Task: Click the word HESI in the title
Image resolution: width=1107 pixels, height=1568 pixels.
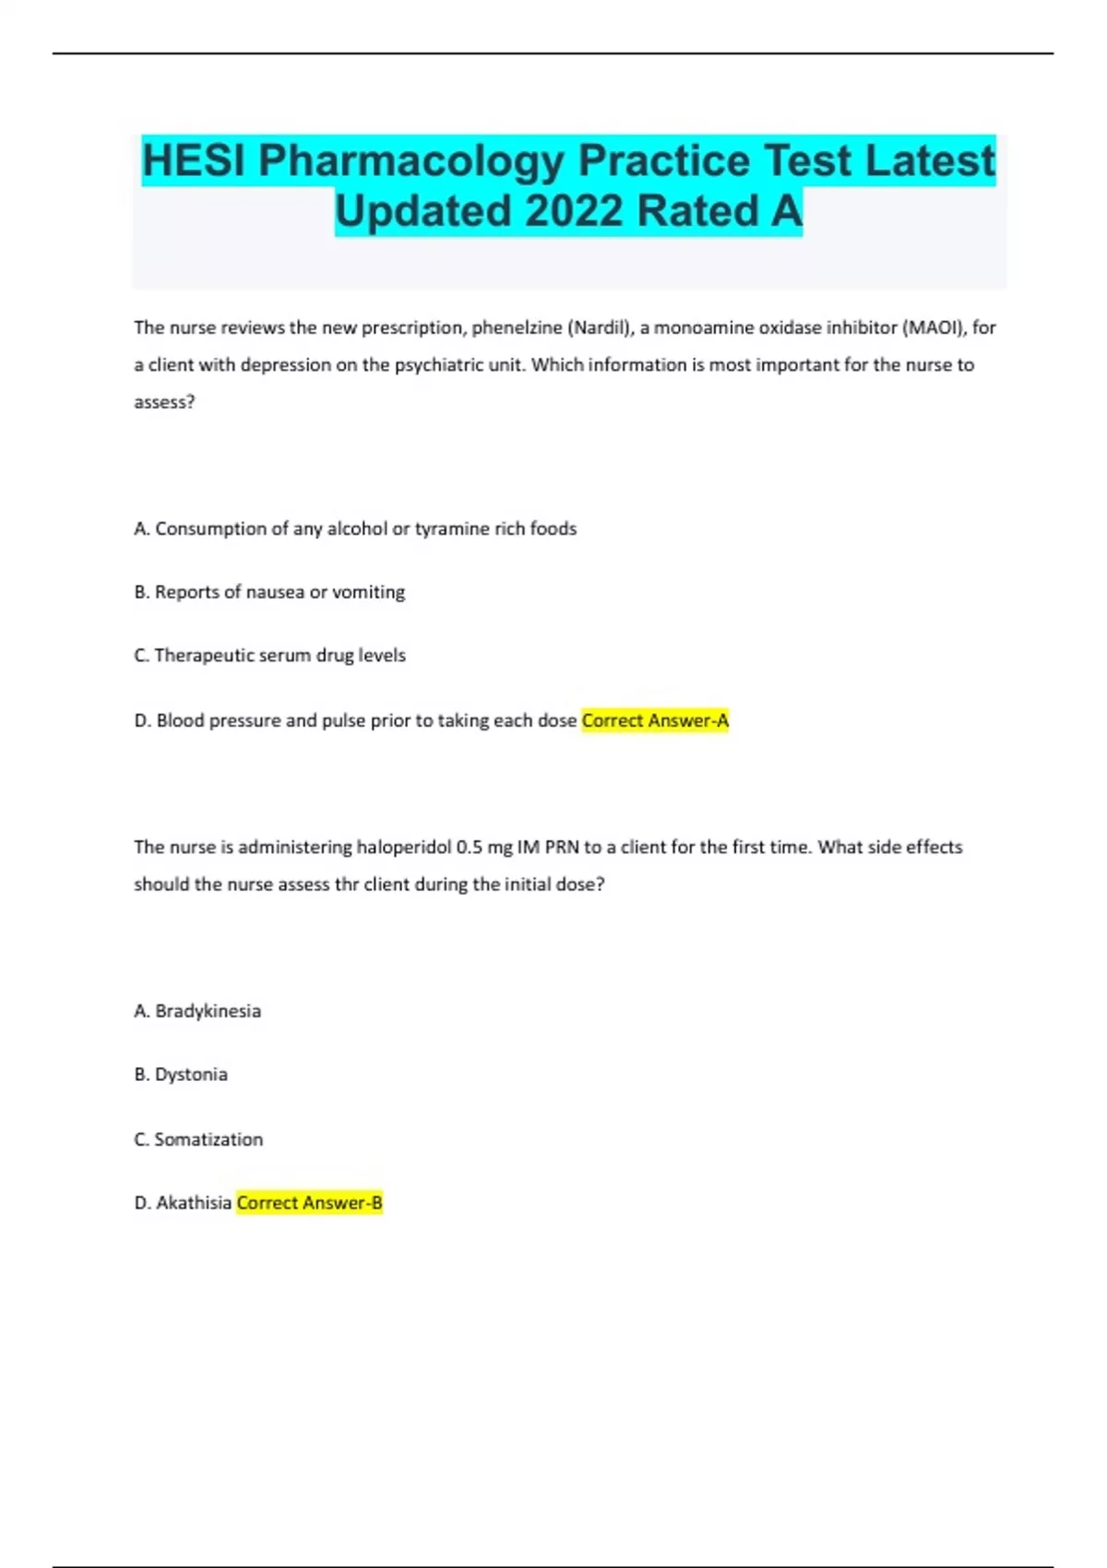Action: coord(194,160)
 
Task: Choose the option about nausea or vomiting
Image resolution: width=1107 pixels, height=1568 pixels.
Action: coord(269,592)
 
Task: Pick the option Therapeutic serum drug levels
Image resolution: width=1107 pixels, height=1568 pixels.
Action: coord(269,656)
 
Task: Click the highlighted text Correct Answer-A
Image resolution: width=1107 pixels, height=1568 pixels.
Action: coord(655,720)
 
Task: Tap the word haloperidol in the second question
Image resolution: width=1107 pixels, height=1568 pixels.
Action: coord(404,847)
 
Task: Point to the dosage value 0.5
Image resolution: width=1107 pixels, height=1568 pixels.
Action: coord(470,847)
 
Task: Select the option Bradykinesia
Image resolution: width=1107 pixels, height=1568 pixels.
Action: coord(197,1011)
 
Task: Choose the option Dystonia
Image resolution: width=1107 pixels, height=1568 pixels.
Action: coord(181,1075)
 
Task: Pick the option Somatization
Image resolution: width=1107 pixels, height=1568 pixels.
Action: coord(198,1139)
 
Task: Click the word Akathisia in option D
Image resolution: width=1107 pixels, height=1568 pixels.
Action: coord(193,1203)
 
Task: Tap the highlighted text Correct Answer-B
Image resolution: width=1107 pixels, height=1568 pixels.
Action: coord(309,1203)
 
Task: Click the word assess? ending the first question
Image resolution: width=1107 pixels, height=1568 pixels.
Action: coord(164,402)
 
